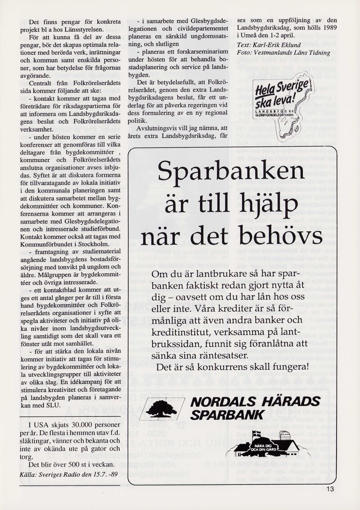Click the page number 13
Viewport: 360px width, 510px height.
pyautogui.click(x=332, y=490)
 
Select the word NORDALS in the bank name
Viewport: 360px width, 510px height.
pyautogui.click(x=220, y=402)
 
